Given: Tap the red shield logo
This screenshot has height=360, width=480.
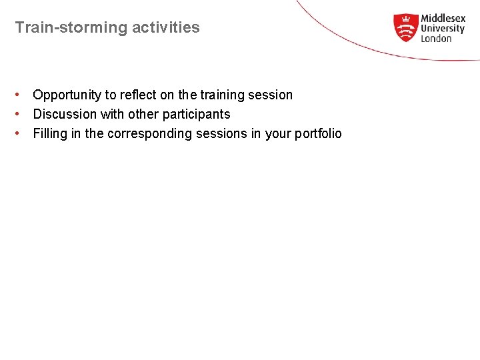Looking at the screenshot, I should point(405,28).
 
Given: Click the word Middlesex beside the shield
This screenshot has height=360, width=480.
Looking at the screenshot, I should point(443,19).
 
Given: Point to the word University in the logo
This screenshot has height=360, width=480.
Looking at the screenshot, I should point(442,29).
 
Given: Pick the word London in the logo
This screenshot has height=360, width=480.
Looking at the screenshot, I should point(436,39).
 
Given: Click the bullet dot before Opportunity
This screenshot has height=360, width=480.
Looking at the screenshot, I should point(21,95).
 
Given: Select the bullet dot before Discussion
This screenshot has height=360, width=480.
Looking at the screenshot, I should point(21,114).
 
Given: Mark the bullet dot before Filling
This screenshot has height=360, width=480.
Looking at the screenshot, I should point(21,133).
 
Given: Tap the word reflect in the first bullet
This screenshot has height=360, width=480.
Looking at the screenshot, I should point(138,95).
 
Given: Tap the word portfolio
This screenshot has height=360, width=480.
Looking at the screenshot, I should point(318,134).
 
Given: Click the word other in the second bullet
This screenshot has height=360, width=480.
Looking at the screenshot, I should point(143,115).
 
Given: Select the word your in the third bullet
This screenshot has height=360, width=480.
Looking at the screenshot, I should point(278,134).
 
